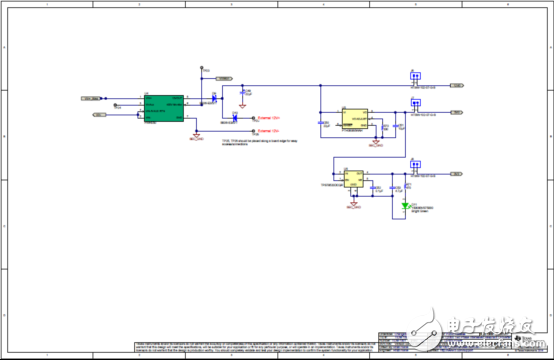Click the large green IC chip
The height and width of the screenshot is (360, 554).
164,108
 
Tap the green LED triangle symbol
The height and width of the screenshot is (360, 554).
406,207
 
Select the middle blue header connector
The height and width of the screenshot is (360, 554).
414,103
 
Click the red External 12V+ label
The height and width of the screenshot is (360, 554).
268,118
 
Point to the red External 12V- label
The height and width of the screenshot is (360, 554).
268,130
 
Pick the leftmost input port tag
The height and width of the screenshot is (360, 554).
90,98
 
